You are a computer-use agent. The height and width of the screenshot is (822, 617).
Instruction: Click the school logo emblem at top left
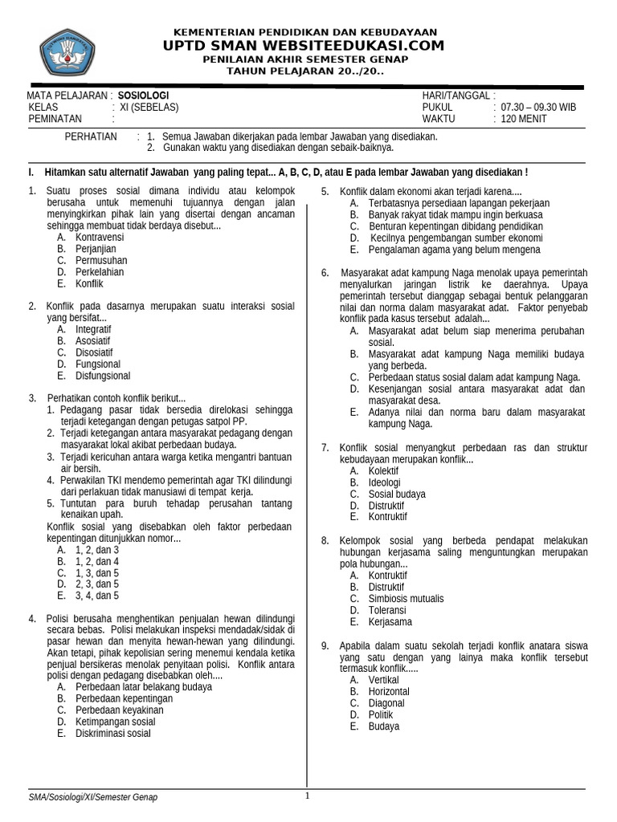67,52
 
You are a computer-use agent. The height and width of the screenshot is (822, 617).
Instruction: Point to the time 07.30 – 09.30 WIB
538,108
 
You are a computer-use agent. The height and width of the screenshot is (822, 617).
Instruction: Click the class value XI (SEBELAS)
149,108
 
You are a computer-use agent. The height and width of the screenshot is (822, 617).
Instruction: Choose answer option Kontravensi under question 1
100,238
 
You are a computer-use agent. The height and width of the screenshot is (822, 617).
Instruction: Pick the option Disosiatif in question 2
94,352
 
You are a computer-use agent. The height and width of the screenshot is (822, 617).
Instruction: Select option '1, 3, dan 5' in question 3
96,573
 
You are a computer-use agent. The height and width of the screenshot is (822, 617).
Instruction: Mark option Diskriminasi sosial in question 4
112,732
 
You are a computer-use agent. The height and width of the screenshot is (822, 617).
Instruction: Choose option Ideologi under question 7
384,482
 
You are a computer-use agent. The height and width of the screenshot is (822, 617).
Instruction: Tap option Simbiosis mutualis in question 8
406,598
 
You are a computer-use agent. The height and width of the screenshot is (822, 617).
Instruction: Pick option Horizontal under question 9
389,691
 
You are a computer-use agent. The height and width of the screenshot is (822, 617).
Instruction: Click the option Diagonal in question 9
386,703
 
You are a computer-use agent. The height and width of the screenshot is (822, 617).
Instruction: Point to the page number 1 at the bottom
307,796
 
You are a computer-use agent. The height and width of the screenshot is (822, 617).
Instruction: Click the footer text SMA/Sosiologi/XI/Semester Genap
93,797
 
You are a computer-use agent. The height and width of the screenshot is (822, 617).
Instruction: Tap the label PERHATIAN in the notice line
91,136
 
